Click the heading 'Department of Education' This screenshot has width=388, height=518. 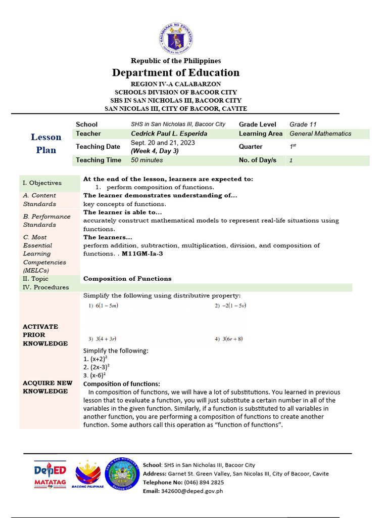[176, 72]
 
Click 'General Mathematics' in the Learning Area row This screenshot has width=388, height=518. [320, 134]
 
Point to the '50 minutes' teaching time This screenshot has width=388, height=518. [147, 160]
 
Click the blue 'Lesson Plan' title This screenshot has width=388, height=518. [46, 143]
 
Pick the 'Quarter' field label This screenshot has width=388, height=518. [251, 147]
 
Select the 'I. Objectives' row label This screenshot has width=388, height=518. [42, 183]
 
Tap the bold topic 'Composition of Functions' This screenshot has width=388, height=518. [127, 279]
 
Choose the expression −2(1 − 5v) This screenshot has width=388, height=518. [230, 306]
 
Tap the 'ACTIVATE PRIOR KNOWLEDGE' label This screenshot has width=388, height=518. [45, 335]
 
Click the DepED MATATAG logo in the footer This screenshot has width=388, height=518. [50, 475]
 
